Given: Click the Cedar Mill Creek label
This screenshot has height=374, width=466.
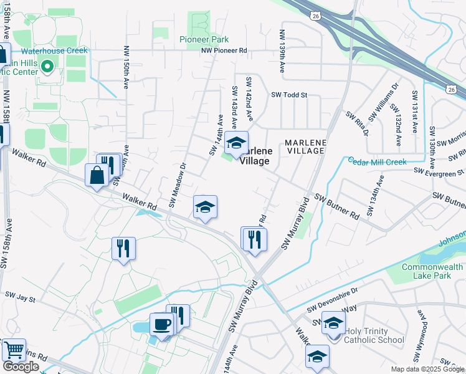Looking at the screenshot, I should click(x=377, y=161).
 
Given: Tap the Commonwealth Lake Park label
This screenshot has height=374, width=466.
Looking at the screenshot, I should click(x=432, y=271).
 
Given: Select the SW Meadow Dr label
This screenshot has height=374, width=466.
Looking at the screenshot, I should click(x=177, y=185).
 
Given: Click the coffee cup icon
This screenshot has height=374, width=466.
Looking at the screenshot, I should click(x=162, y=325).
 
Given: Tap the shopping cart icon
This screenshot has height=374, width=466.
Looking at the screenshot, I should click(x=14, y=350).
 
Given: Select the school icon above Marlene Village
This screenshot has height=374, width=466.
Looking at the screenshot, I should click(x=236, y=143).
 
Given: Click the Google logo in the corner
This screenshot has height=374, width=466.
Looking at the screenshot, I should click(x=21, y=367).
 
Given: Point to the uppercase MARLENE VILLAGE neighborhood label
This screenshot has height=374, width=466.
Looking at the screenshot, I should click(x=305, y=146).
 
